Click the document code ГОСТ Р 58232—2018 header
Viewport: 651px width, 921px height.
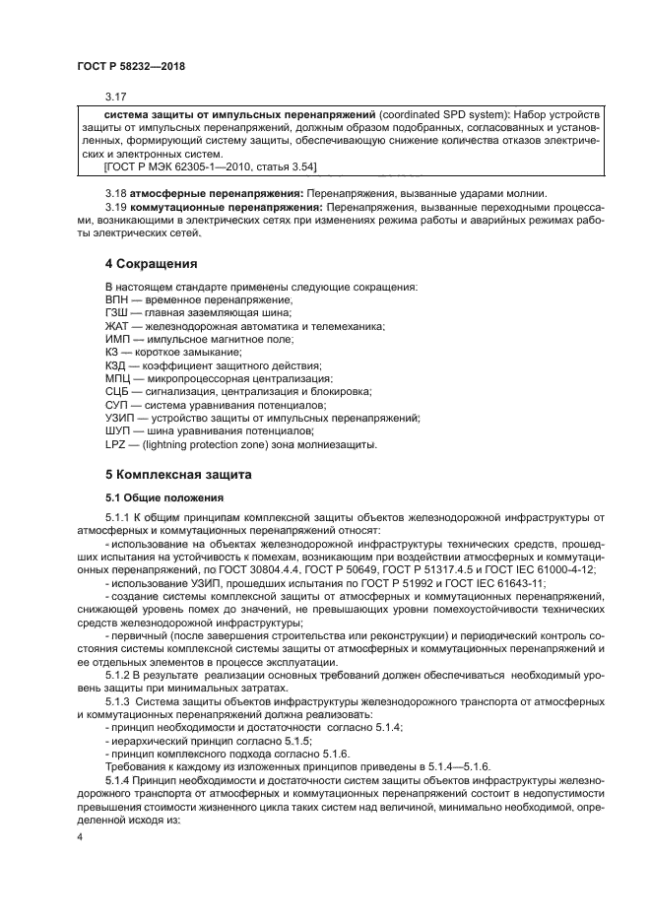pos(130,67)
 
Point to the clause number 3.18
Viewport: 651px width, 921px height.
pos(116,192)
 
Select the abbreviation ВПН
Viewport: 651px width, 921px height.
pos(116,298)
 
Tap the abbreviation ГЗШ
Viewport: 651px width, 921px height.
pos(116,311)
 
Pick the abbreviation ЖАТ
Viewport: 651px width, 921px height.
pos(116,325)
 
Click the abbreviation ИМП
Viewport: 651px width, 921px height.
pos(117,338)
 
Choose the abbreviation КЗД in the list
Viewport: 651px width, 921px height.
pos(116,364)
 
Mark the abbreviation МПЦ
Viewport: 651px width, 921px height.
pos(117,378)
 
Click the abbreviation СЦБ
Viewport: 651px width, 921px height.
pos(116,391)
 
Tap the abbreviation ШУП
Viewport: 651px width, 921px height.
pos(117,431)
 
